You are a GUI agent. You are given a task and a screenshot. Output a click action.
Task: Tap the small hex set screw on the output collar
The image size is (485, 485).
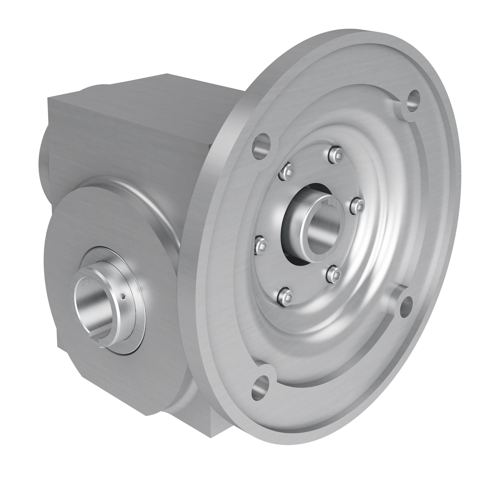tap(123, 296)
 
